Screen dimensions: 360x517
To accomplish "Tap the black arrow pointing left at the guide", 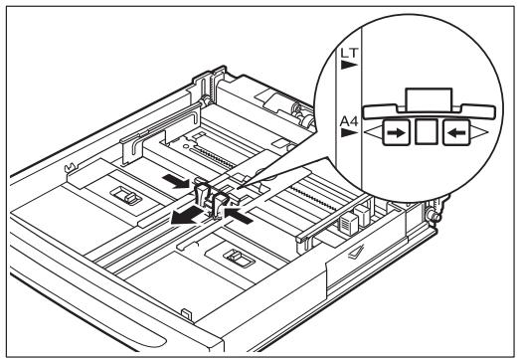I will click(x=239, y=210).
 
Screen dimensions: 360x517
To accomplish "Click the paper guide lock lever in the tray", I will click(x=213, y=198).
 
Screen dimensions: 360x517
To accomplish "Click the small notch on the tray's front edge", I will click(x=188, y=316).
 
